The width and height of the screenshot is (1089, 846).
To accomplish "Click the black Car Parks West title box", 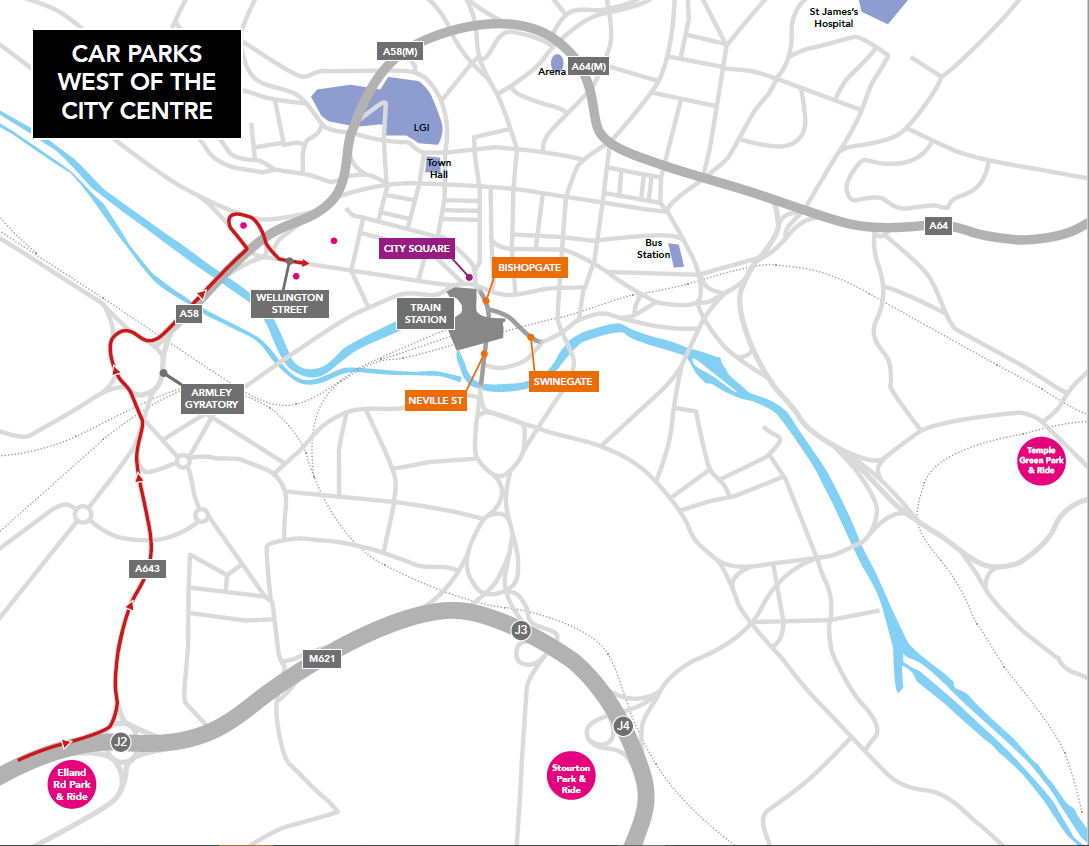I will [137, 83].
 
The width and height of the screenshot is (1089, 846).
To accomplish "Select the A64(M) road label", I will [588, 68].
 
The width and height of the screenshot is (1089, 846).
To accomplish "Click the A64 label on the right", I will [937, 226].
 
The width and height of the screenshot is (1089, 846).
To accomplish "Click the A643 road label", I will [147, 568].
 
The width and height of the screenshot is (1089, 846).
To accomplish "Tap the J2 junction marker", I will [121, 741].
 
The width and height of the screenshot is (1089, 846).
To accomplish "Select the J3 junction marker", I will [520, 630].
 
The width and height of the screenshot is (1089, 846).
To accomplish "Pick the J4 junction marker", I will [623, 725].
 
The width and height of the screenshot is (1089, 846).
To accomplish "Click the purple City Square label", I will [417, 248].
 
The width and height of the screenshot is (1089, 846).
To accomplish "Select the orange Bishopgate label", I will [529, 268].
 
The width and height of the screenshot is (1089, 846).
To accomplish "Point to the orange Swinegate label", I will [564, 381].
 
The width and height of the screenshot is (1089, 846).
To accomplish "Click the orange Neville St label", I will [436, 400].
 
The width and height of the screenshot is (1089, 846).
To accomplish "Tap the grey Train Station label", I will [426, 314].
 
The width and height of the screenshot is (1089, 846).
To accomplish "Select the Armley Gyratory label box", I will [212, 399].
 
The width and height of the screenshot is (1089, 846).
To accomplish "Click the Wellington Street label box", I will [290, 303].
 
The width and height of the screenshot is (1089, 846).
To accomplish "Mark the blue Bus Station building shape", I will [677, 255].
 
